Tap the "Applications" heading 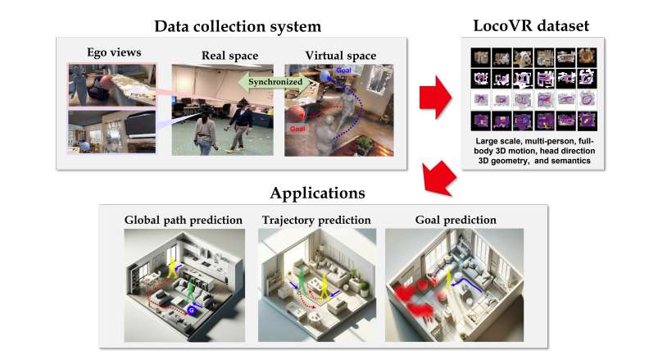point(317,194)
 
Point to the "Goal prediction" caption point(445,220)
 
